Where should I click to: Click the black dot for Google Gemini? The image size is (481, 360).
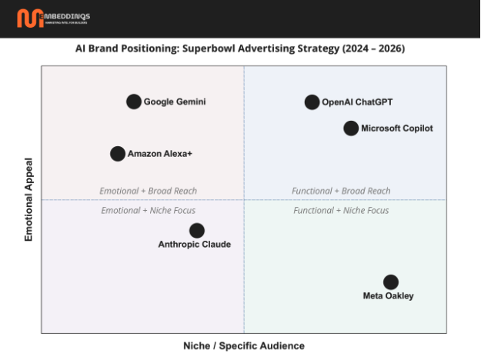134,102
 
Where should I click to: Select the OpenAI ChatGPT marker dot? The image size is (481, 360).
312,102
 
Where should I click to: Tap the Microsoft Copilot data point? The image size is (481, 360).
351,128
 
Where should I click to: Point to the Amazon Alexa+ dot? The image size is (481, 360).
118,154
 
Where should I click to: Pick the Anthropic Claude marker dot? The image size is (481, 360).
197,231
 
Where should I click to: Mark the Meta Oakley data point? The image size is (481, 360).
391,282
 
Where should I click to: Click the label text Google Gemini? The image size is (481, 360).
175,102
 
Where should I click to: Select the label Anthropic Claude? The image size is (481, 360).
195,245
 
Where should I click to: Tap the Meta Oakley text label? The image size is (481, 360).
388,296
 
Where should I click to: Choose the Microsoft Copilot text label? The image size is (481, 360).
397,128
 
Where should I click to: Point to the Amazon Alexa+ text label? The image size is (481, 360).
160,154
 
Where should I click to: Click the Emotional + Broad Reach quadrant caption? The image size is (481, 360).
148,191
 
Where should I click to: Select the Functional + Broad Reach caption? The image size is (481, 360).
341,191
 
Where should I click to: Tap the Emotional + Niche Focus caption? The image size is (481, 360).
148,210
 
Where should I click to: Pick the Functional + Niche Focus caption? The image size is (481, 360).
341,210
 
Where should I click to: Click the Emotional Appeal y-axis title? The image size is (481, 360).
29,200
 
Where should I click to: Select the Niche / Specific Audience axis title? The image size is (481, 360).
243,346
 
